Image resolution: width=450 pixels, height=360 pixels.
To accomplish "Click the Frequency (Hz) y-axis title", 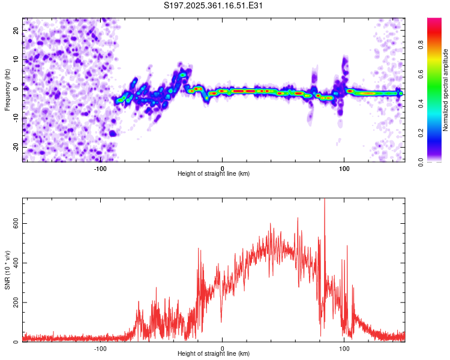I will click(7, 90).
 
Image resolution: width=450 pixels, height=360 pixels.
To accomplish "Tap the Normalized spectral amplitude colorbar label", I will click(446, 90).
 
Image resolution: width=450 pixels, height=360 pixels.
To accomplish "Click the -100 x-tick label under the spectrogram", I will click(100, 168).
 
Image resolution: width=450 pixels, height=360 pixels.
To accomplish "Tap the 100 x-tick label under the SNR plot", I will click(344, 348).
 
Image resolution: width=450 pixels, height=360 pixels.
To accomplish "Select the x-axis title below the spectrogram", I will click(214, 174).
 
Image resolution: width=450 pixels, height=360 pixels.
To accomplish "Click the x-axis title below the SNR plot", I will click(214, 354).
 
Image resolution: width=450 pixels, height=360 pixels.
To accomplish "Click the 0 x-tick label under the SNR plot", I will click(223, 348).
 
